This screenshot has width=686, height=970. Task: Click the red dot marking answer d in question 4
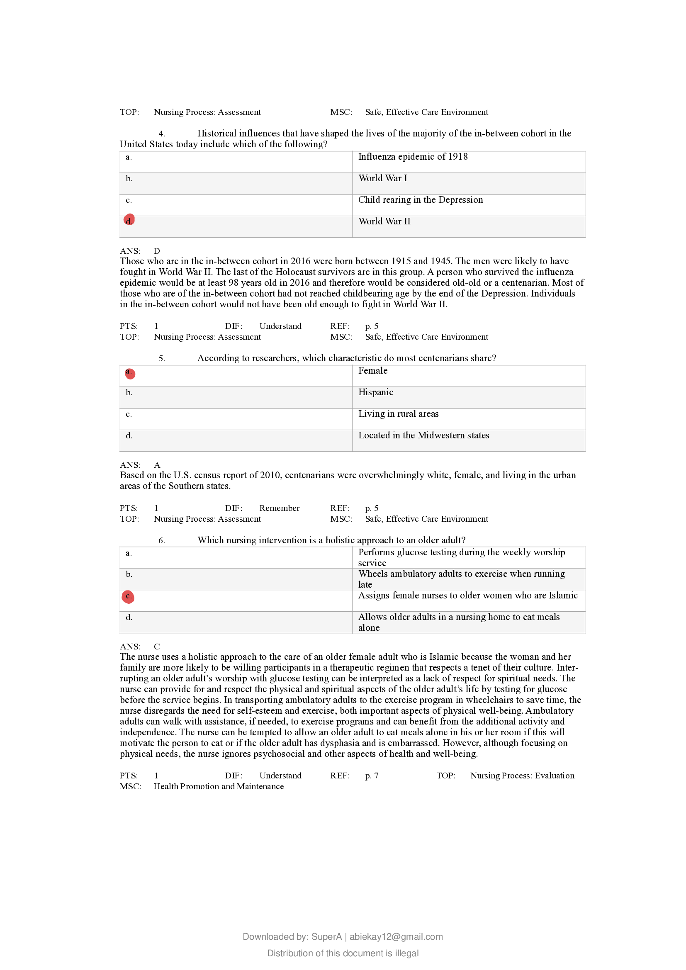click(129, 220)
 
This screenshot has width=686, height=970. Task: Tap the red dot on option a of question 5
click(130, 374)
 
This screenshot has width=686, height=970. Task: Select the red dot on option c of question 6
click(128, 596)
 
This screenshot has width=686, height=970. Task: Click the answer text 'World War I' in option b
click(383, 178)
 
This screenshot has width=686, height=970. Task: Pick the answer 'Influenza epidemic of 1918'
click(413, 157)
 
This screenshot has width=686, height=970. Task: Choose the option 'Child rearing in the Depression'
click(420, 200)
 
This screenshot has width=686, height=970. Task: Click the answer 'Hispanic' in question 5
click(375, 392)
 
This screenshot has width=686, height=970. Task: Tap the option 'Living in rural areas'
click(398, 413)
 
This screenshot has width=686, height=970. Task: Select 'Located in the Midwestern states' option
click(424, 435)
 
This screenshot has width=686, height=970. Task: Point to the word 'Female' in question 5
click(372, 370)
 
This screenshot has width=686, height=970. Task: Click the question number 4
click(161, 134)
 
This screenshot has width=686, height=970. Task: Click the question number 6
click(161, 540)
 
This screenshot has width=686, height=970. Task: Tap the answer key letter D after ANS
click(157, 251)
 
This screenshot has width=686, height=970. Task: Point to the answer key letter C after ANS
click(157, 647)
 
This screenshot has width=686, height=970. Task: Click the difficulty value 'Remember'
click(279, 508)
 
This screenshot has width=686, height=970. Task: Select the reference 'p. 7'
click(372, 775)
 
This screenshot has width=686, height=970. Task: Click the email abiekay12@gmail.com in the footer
click(396, 937)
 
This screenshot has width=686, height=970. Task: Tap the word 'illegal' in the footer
click(406, 953)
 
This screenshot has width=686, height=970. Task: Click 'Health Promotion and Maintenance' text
click(219, 786)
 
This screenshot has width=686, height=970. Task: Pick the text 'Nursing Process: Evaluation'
click(522, 775)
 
